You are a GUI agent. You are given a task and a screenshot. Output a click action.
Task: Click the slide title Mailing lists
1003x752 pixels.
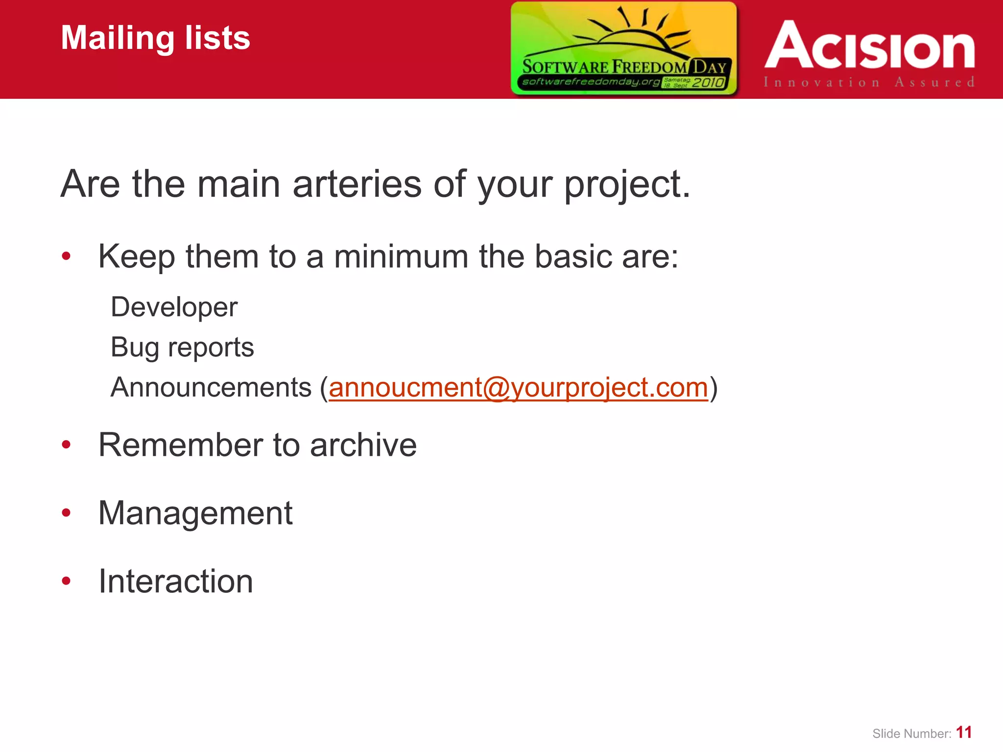pyautogui.click(x=155, y=38)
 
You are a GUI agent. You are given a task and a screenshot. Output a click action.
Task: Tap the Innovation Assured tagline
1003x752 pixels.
pyautogui.click(x=869, y=82)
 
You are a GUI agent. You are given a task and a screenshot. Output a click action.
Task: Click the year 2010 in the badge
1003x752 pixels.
pyautogui.click(x=708, y=82)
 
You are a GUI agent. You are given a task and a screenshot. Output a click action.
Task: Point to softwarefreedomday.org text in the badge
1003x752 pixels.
pyautogui.click(x=590, y=81)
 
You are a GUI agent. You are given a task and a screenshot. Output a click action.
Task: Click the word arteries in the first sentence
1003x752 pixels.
pyautogui.click(x=357, y=184)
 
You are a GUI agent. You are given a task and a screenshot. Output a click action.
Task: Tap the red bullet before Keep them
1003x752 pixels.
pyautogui.click(x=67, y=256)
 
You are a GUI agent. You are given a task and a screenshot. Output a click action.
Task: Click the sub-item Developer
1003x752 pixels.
pyautogui.click(x=174, y=307)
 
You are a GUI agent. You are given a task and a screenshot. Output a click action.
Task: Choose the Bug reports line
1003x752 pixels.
pyautogui.click(x=182, y=347)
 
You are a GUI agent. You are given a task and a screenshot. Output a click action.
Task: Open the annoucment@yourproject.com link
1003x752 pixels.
pyautogui.click(x=518, y=387)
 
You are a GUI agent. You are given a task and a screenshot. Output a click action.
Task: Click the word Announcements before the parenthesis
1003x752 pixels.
pyautogui.click(x=211, y=387)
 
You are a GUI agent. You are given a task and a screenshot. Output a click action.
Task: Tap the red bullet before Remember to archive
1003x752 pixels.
pyautogui.click(x=67, y=445)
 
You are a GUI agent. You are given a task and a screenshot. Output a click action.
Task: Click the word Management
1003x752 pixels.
pyautogui.click(x=195, y=513)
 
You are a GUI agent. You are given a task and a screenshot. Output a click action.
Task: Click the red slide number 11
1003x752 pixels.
pyautogui.click(x=964, y=732)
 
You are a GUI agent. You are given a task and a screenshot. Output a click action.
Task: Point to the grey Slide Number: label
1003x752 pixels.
pyautogui.click(x=911, y=733)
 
